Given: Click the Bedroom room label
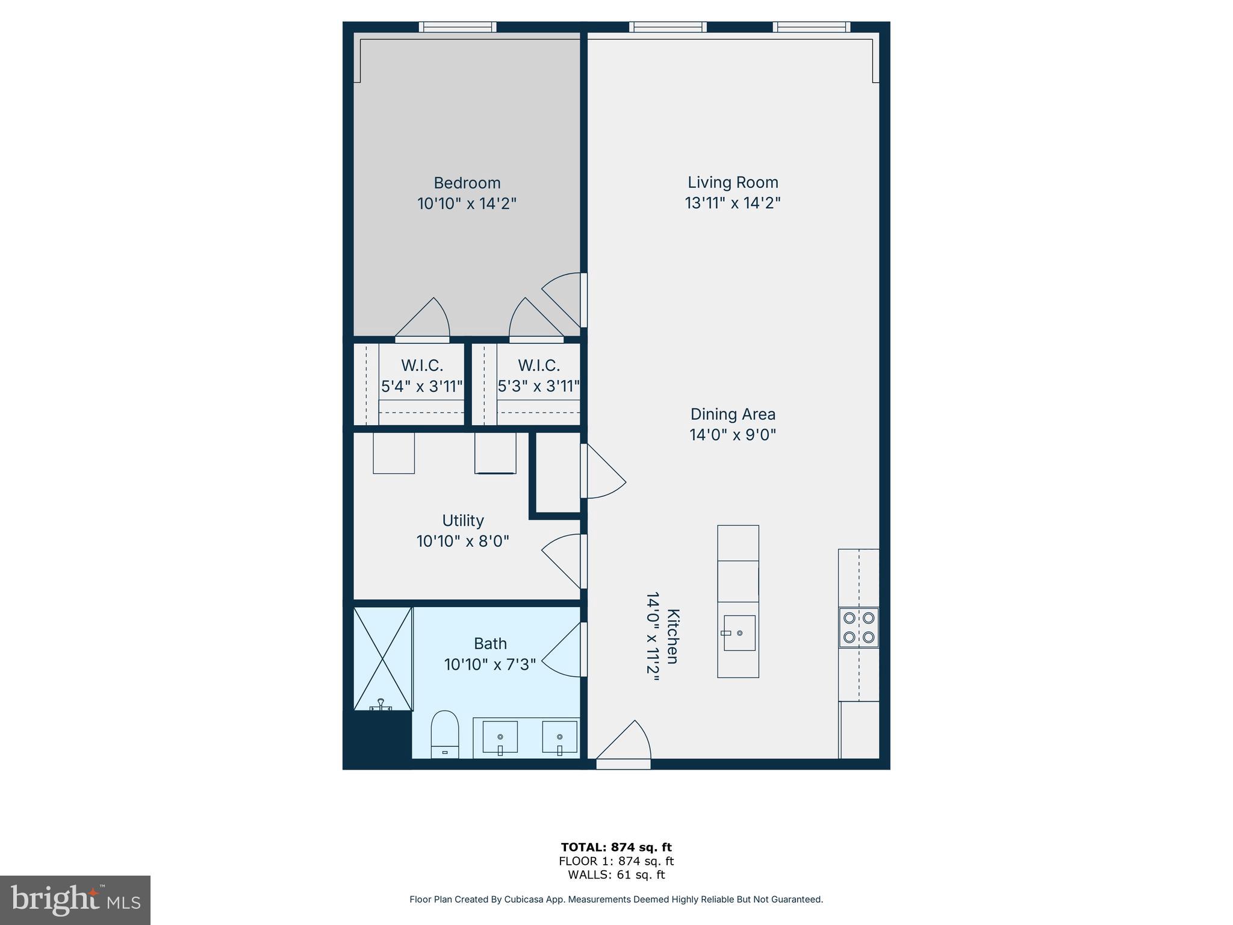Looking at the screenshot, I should coord(467,182).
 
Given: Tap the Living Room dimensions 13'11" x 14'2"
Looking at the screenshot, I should coord(732,203).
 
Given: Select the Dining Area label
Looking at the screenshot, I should coord(732,414).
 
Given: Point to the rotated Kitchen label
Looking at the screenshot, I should coord(673,636).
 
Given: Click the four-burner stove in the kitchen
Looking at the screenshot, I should coord(859,627).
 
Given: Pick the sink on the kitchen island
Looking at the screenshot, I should coord(739,633).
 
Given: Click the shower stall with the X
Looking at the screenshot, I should coord(383,658).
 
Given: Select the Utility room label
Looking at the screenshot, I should coord(462,520).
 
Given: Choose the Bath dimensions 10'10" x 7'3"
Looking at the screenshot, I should coord(489,664).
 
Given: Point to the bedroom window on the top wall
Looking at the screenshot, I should coord(458,26).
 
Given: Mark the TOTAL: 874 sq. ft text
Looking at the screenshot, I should coord(616,847).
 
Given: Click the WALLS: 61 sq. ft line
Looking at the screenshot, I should coord(616,875).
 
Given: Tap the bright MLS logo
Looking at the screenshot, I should coord(75,900).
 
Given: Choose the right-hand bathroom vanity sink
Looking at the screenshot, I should coord(559,737).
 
